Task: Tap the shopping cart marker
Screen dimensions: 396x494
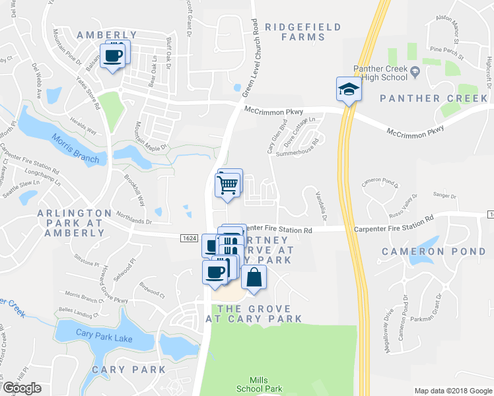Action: pyautogui.click(x=228, y=184)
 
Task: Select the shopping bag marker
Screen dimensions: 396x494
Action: pyautogui.click(x=254, y=278)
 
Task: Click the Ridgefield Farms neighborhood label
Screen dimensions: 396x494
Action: pyautogui.click(x=303, y=32)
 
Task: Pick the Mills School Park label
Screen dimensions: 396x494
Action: pyautogui.click(x=259, y=384)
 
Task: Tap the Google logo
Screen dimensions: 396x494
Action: pyautogui.click(x=22, y=388)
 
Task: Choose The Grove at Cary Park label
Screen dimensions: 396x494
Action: pyautogui.click(x=254, y=313)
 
